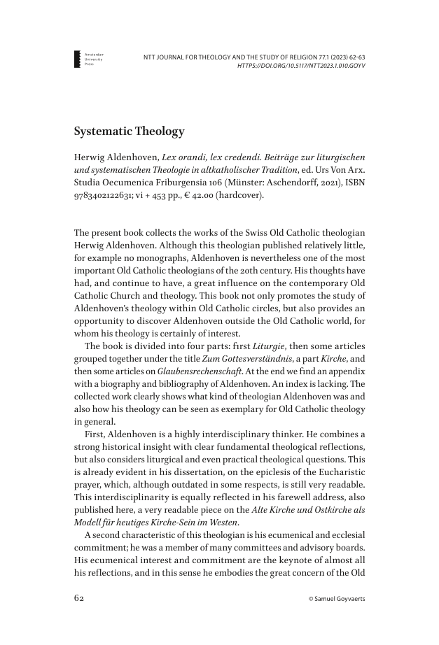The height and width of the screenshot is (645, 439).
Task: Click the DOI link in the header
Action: tap(302, 66)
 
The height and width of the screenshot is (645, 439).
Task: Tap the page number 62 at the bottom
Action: tap(81, 599)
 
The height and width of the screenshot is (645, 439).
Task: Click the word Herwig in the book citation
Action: tap(90, 157)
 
